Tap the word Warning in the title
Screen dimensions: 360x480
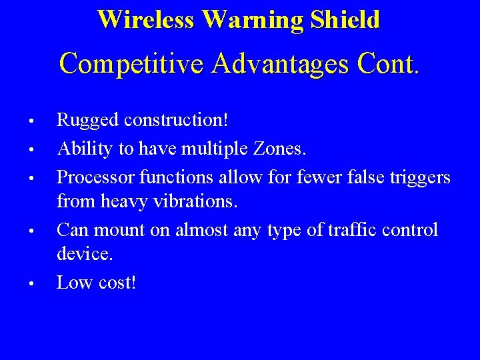coord(253,19)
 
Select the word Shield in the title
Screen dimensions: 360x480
coord(345,19)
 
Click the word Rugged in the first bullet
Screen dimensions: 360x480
coord(83,121)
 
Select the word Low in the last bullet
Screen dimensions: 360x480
coord(73,283)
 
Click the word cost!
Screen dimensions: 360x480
coord(115,283)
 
